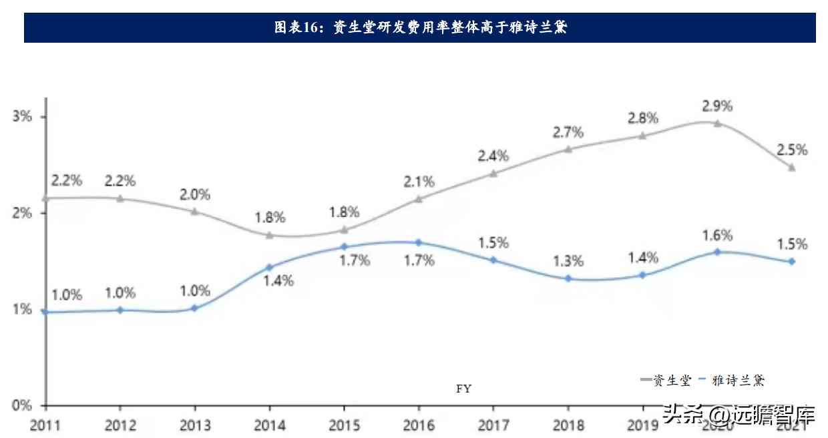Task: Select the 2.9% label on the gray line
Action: click(x=718, y=105)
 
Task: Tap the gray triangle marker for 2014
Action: click(x=269, y=235)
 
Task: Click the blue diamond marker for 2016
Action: click(x=418, y=242)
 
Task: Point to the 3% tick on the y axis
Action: click(x=22, y=116)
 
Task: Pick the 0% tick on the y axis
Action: click(x=22, y=405)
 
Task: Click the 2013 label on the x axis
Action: click(x=194, y=425)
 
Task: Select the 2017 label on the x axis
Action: click(x=493, y=425)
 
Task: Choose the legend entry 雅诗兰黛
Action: click(x=738, y=381)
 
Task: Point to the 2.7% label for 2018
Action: click(x=568, y=132)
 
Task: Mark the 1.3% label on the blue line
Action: click(x=568, y=261)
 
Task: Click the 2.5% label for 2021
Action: click(x=792, y=150)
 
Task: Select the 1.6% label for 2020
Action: click(x=718, y=235)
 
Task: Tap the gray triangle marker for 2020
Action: click(x=717, y=123)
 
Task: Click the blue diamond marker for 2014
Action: click(x=269, y=267)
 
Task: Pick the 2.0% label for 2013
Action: click(x=195, y=195)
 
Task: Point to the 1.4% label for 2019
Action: click(x=643, y=257)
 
